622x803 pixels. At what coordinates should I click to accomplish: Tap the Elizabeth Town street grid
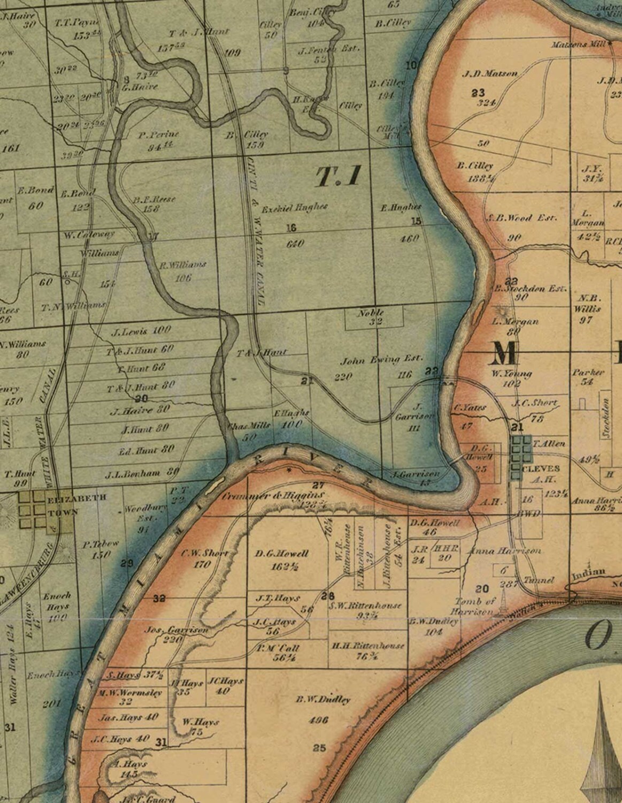tap(33, 511)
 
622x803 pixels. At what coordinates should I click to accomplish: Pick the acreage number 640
tap(295, 244)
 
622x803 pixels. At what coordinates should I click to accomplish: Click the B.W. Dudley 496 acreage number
tap(318, 720)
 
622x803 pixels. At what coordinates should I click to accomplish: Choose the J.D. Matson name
tap(489, 74)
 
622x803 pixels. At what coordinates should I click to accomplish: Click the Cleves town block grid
tap(519, 456)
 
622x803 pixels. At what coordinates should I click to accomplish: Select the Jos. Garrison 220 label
tap(176, 635)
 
